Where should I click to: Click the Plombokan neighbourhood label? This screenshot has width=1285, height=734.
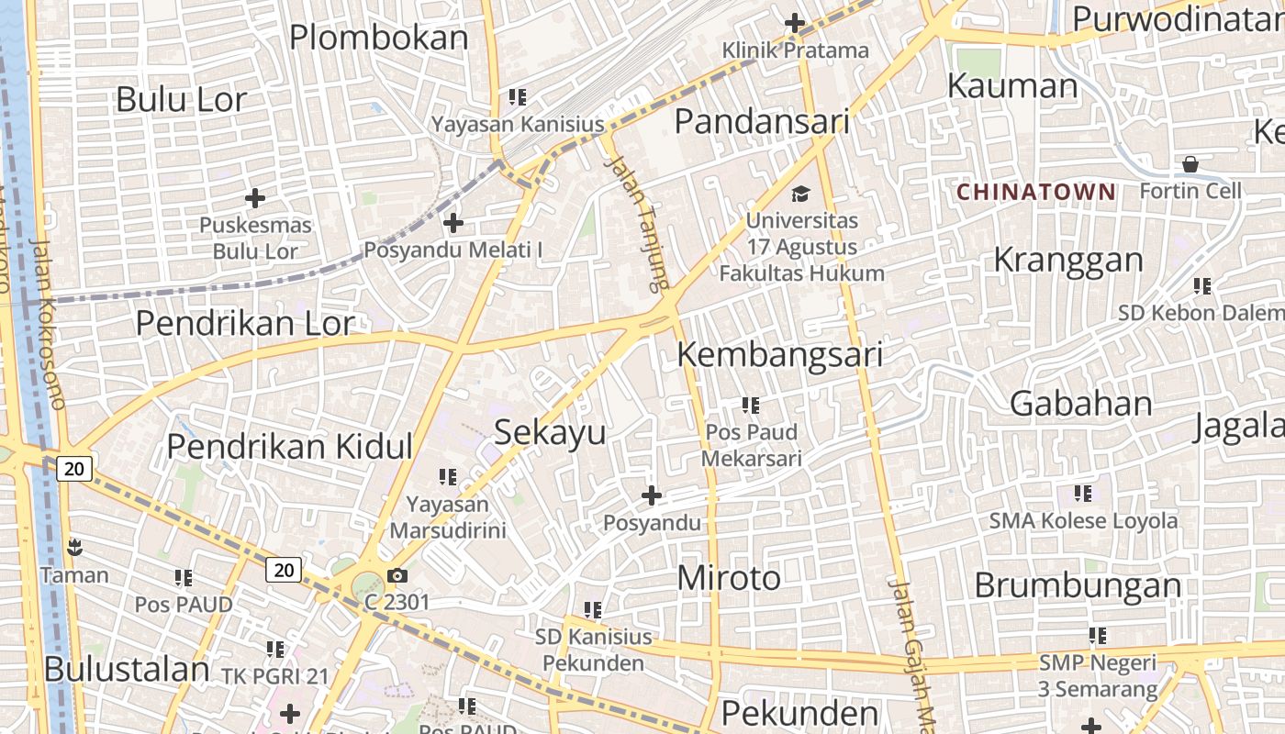click(379, 38)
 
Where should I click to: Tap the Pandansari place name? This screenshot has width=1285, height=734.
click(762, 121)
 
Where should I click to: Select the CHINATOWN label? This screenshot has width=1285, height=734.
click(1036, 192)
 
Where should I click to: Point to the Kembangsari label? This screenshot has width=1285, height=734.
click(780, 355)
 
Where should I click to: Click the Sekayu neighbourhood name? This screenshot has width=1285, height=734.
click(551, 432)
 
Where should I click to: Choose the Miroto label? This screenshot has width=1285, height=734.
click(729, 578)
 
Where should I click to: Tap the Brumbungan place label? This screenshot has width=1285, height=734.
click(1078, 585)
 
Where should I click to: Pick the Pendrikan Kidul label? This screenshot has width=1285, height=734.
click(290, 447)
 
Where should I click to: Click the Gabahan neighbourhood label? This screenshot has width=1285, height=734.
click(1080, 404)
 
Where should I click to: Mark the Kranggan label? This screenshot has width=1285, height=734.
click(1068, 261)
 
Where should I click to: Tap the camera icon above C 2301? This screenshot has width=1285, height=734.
click(397, 576)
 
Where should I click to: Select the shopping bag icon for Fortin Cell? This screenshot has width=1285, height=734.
click(1190, 164)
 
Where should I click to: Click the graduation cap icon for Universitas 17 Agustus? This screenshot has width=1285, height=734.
click(801, 194)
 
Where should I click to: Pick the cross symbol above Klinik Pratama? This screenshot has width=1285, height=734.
click(795, 23)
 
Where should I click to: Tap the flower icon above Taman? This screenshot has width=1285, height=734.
click(74, 549)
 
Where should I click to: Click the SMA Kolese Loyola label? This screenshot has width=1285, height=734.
click(1083, 521)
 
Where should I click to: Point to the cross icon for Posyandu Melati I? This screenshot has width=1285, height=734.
click(453, 222)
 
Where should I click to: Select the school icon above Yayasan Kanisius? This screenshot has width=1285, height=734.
click(518, 96)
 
